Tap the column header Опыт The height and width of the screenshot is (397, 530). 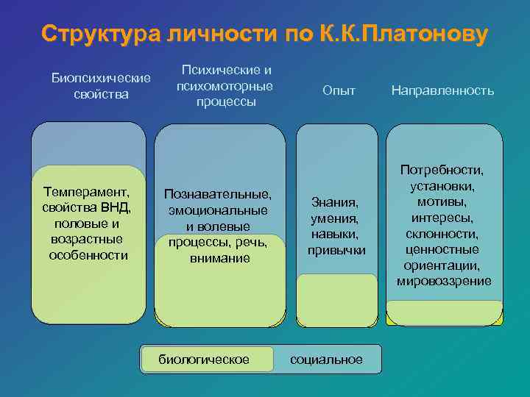pyautogui.click(x=339, y=90)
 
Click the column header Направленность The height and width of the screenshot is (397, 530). pyautogui.click(x=442, y=90)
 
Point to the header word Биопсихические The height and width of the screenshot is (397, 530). pyautogui.click(x=100, y=78)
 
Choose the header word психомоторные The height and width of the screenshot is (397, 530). pyautogui.click(x=225, y=86)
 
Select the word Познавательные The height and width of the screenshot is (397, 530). pyautogui.click(x=218, y=194)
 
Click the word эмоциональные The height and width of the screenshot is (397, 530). pyautogui.click(x=218, y=210)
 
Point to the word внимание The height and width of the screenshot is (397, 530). pyautogui.click(x=219, y=258)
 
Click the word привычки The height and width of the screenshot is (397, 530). pyautogui.click(x=336, y=250)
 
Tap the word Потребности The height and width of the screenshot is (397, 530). pyautogui.click(x=442, y=169)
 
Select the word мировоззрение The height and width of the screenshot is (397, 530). pyautogui.click(x=444, y=282)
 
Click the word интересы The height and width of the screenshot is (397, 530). pyautogui.click(x=443, y=218)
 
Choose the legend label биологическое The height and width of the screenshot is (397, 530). pyautogui.click(x=204, y=359)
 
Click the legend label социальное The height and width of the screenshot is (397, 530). pyautogui.click(x=326, y=359)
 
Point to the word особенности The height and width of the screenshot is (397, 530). pyautogui.click(x=88, y=255)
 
